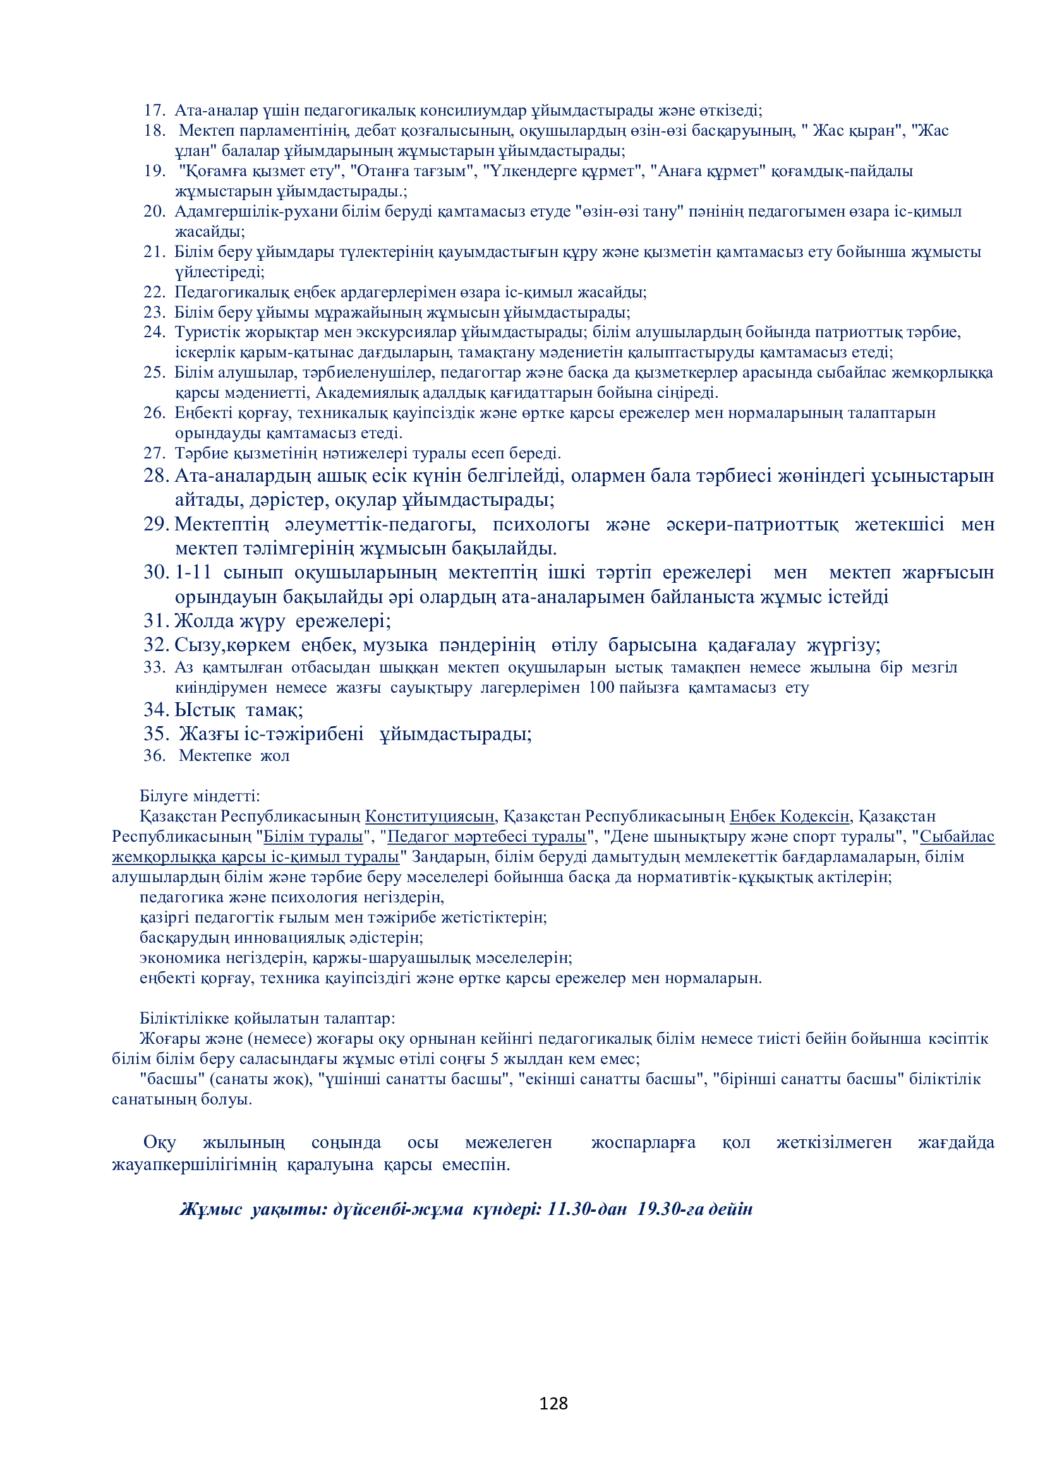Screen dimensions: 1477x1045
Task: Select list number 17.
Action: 154,111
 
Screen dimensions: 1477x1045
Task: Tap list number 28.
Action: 155,475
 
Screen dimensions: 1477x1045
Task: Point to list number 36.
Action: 154,755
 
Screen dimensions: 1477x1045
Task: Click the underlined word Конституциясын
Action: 430,816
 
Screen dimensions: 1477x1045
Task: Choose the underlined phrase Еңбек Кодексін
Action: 790,816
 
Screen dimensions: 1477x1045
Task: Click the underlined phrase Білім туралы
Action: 313,836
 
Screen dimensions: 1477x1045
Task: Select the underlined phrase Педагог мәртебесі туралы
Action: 486,836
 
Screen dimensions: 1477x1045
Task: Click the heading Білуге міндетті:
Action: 200,796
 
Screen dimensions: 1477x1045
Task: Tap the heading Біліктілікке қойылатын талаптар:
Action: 267,1019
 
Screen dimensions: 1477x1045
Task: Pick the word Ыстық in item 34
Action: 205,710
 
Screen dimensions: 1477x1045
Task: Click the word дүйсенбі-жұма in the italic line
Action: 397,1209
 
